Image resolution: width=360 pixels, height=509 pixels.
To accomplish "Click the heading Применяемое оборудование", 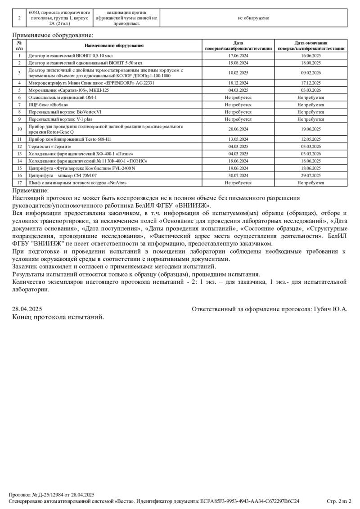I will (x=53, y=35).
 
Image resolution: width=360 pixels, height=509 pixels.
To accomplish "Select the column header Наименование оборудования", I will (x=114, y=45).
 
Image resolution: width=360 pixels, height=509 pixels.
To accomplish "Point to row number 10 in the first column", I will (x=19, y=129).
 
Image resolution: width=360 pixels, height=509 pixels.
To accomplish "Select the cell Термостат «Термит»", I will (x=50, y=146).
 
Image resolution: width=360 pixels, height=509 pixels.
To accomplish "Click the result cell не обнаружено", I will (x=253, y=18).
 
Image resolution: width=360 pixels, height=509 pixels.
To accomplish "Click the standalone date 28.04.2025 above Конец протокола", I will (x=27, y=309).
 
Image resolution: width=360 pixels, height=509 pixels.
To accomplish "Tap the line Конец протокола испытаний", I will (x=58, y=317).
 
